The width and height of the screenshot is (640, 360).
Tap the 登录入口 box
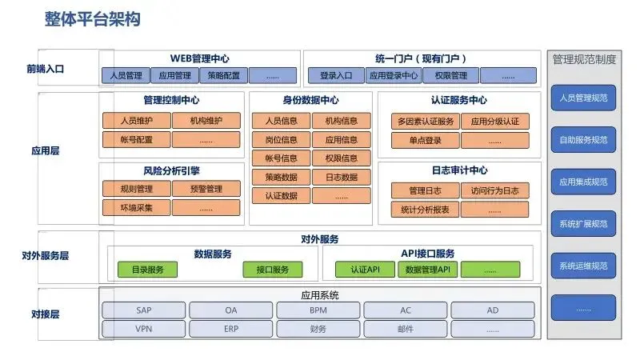pyautogui.click(x=336, y=76)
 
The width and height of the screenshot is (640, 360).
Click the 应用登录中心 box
pyautogui.click(x=393, y=76)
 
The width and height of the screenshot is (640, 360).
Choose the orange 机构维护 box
pyautogui.click(x=206, y=121)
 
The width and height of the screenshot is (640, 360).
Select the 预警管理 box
pyautogui.click(x=206, y=190)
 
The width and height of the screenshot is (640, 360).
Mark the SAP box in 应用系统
pyautogui.click(x=143, y=310)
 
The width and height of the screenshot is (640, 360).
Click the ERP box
pyautogui.click(x=231, y=329)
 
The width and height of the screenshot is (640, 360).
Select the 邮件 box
pyautogui.click(x=406, y=329)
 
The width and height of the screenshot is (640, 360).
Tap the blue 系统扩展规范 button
pyautogui.click(x=583, y=223)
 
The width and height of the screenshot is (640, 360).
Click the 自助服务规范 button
pyautogui.click(x=583, y=140)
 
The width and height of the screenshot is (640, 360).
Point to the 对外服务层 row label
pyautogui.click(x=46, y=256)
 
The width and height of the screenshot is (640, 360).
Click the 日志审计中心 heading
pyautogui.click(x=459, y=170)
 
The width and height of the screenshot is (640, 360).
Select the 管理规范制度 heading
pyautogui.click(x=584, y=58)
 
